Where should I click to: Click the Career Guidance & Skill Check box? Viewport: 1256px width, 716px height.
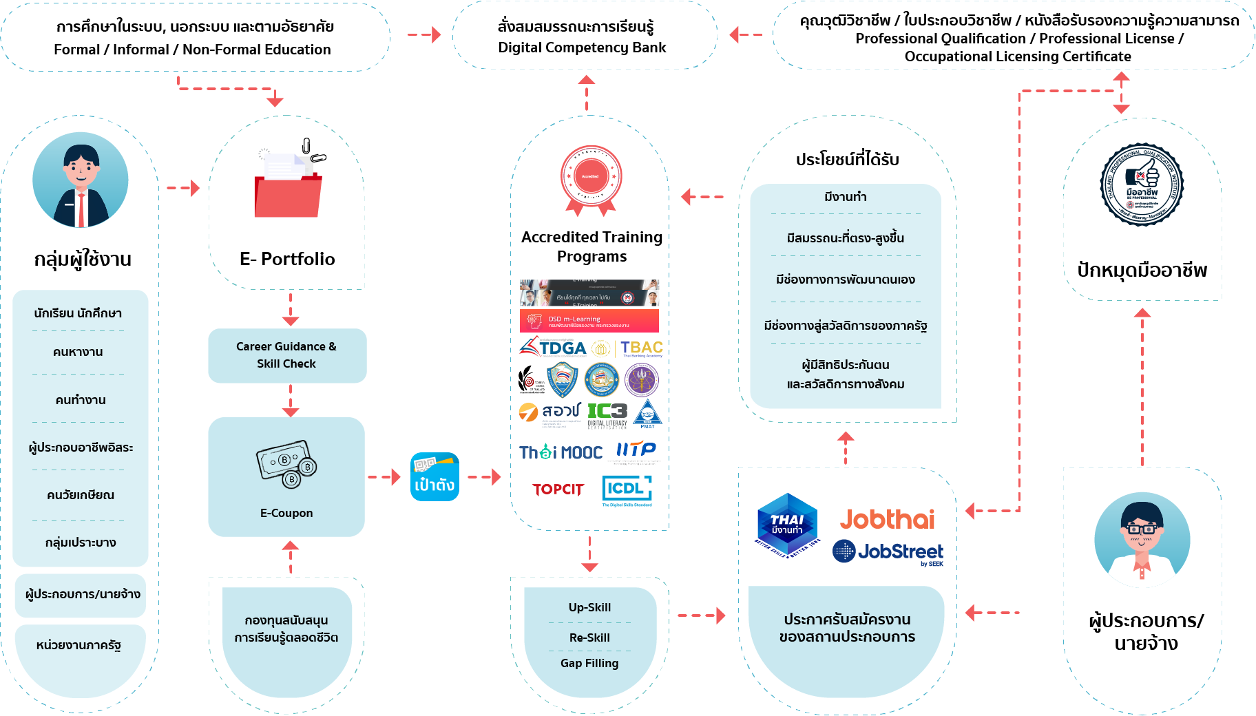click(x=287, y=355)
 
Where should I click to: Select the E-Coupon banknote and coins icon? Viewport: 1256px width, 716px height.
click(x=286, y=464)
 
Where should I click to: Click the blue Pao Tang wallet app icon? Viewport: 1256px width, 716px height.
click(x=435, y=476)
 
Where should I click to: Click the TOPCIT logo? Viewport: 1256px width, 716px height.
click(x=558, y=489)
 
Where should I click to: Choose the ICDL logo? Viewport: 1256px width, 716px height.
click(x=627, y=489)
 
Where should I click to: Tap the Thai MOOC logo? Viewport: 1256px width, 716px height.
click(x=561, y=452)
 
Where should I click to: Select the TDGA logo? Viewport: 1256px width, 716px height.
click(x=554, y=348)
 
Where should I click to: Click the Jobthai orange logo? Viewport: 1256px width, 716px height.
click(x=887, y=519)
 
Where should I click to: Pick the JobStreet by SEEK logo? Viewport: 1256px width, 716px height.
click(x=888, y=552)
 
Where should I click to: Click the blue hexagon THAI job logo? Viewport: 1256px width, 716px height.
click(x=787, y=525)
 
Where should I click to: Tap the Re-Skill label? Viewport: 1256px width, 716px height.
click(x=589, y=638)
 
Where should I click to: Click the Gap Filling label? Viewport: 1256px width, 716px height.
click(x=589, y=663)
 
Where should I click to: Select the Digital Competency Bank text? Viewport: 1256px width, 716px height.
click(x=582, y=48)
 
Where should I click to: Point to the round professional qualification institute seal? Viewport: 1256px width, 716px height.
click(x=1142, y=185)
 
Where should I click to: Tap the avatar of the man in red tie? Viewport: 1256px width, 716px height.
click(x=81, y=180)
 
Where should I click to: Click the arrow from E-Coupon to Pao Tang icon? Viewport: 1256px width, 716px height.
click(x=384, y=476)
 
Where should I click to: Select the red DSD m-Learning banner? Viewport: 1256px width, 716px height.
click(x=589, y=321)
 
